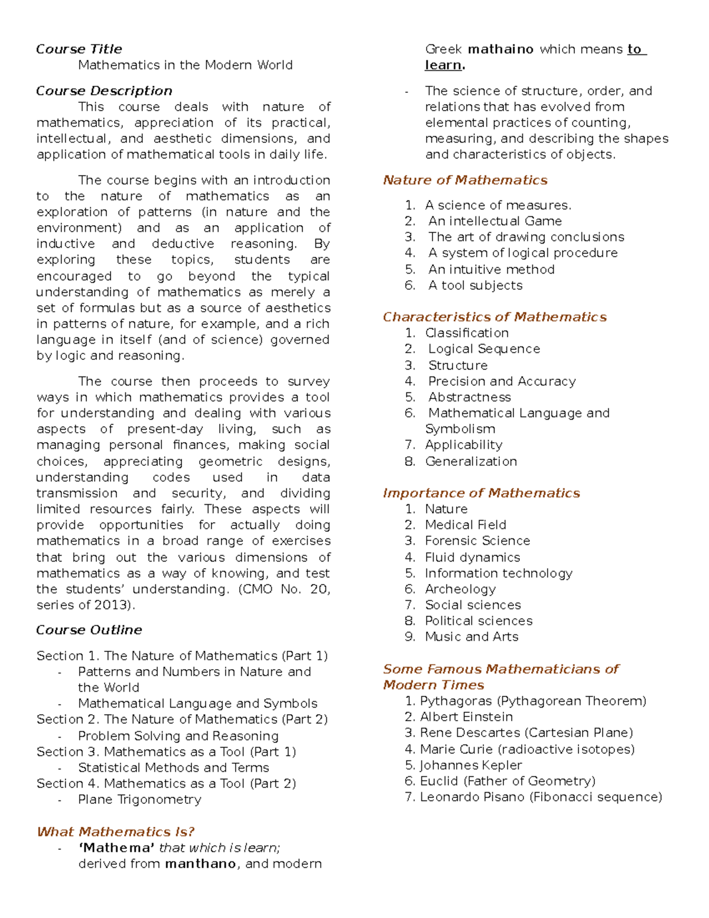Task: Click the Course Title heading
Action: click(79, 49)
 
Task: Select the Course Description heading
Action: click(104, 91)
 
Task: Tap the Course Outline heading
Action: click(89, 630)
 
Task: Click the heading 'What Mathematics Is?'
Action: click(116, 832)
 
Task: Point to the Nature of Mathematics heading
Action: click(465, 180)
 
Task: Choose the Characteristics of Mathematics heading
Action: click(495, 317)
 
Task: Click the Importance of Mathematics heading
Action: click(482, 493)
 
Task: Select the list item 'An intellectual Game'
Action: click(495, 221)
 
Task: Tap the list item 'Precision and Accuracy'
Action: click(502, 381)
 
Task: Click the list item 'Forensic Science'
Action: click(477, 541)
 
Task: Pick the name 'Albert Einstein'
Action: click(466, 717)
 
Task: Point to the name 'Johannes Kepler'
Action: click(470, 765)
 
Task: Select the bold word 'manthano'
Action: click(201, 864)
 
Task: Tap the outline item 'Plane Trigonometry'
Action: click(139, 800)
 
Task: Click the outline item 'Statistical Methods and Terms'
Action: click(174, 768)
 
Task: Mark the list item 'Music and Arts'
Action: click(471, 637)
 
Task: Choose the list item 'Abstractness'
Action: click(470, 397)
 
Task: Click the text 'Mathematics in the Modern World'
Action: click(186, 65)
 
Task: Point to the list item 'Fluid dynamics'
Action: click(473, 557)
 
